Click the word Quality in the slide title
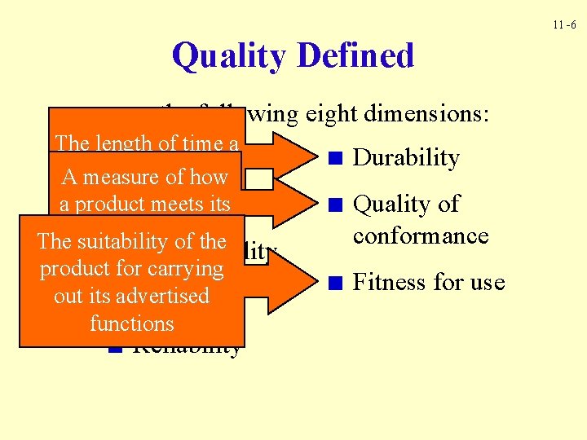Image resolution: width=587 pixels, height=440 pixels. tap(230, 56)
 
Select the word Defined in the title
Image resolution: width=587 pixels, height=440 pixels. tap(355, 56)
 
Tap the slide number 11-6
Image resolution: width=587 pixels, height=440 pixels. tap(563, 24)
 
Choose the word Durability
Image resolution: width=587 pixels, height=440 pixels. tap(406, 157)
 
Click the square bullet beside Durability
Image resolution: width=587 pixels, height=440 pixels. tap(333, 159)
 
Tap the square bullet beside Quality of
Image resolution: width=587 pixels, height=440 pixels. tap(333, 205)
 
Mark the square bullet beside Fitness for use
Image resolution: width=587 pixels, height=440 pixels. tap(333, 284)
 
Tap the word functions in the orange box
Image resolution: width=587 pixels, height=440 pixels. tap(132, 323)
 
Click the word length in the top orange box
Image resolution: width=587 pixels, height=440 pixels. tap(122, 143)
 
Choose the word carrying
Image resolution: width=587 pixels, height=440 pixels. tap(184, 268)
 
